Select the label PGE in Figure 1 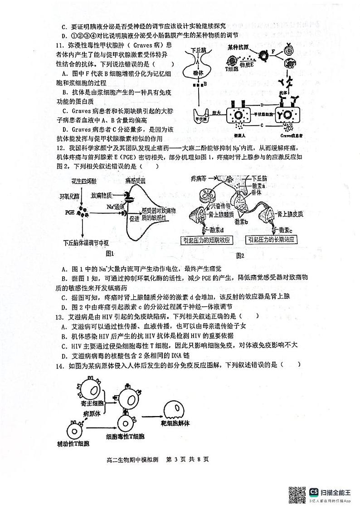pos(69,211)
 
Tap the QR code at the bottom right pos(297,492)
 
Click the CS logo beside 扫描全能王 pos(314,489)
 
